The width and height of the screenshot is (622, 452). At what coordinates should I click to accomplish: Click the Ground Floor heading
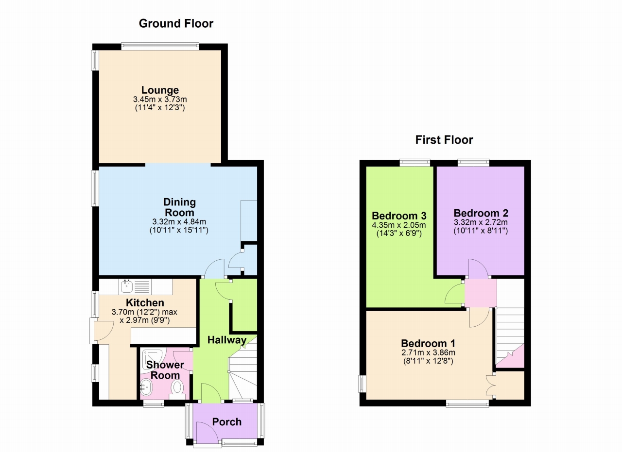176,24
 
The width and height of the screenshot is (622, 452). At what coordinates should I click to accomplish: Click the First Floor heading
444,140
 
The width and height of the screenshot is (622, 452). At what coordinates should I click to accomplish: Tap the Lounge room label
160,90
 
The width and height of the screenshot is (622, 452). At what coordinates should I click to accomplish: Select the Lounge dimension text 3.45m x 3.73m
160,100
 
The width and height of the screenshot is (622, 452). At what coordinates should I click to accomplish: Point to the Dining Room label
179,207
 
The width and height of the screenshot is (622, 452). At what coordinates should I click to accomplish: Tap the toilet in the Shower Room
177,389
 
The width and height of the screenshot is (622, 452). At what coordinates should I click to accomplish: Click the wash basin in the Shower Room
145,387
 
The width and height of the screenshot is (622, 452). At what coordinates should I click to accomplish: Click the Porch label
227,422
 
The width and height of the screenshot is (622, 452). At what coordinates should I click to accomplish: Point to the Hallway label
227,340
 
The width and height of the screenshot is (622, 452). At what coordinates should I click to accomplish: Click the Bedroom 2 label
481,213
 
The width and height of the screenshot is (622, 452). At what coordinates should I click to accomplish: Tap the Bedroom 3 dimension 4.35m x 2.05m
399,225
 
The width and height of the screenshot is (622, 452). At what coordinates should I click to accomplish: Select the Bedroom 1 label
428,344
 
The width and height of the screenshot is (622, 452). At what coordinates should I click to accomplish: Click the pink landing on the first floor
481,293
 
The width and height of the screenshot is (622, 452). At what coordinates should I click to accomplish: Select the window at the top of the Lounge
160,46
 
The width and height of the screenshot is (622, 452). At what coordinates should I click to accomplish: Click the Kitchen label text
145,303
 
